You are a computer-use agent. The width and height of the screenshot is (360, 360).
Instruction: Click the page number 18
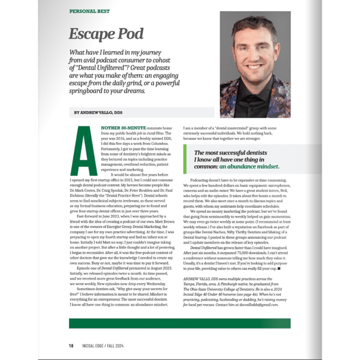[x=71, y=344]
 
